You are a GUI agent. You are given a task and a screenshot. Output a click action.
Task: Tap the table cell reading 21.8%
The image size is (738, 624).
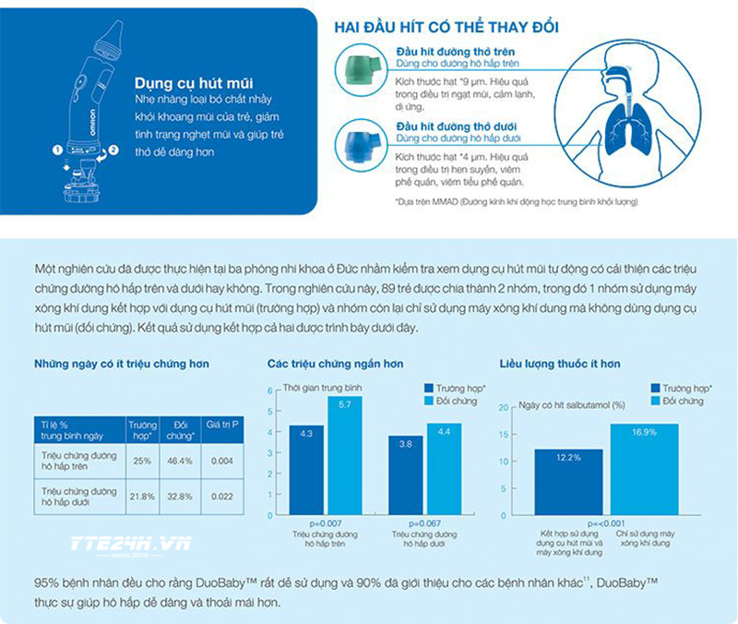coord(142,496)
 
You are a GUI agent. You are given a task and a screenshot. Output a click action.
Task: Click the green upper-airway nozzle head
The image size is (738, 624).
coord(355,68)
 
